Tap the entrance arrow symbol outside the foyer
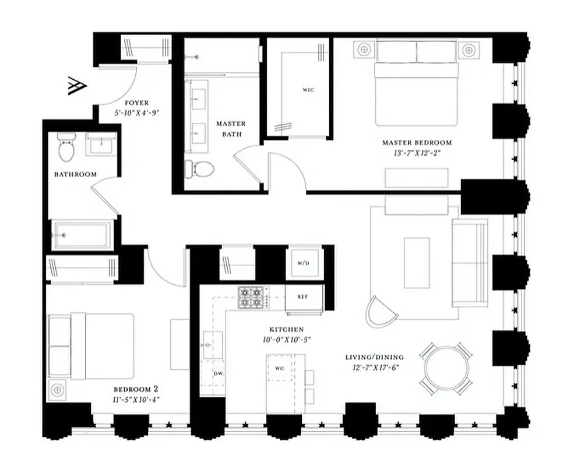point(77,86)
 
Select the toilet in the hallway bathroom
point(66,148)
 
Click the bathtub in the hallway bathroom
point(81,235)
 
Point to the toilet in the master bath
point(200,169)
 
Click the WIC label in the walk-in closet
point(308,90)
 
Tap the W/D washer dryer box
point(303,263)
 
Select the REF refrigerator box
point(303,296)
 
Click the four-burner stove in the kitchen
point(252,296)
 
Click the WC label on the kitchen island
point(279,368)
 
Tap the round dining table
point(446,369)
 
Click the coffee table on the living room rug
point(417,262)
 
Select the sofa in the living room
point(470,263)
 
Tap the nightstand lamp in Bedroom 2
point(57,389)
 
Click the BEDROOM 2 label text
point(136,389)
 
